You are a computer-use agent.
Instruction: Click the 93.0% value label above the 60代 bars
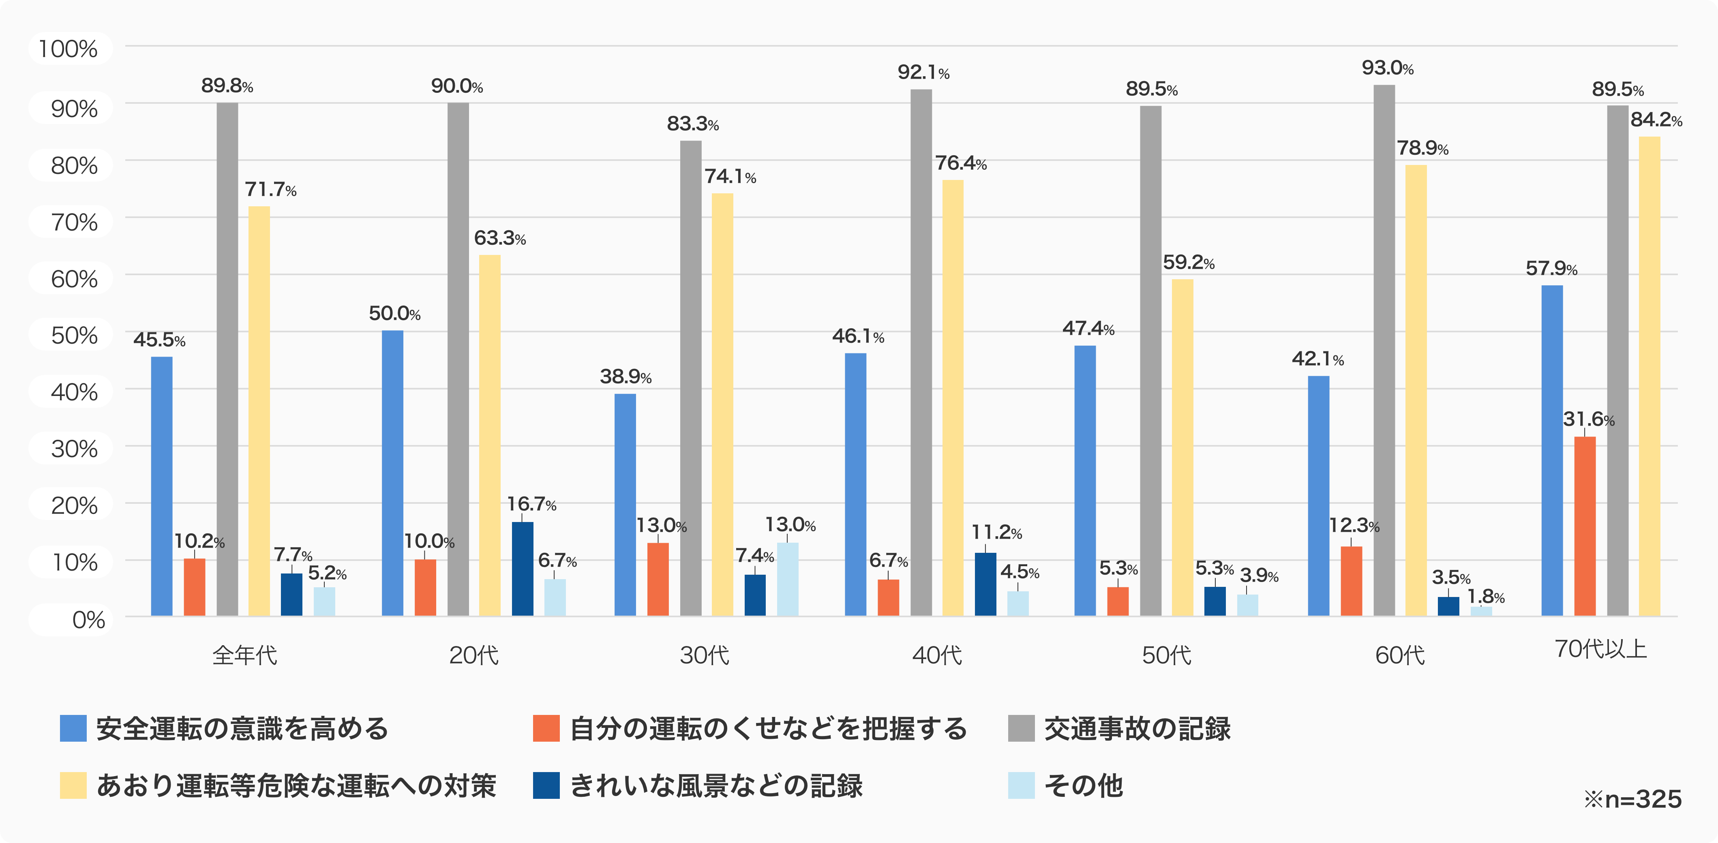[1387, 68]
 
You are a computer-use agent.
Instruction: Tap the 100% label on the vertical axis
[68, 49]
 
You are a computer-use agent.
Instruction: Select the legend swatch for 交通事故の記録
[1021, 728]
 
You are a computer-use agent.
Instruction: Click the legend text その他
[1083, 785]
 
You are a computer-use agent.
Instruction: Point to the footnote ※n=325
[1632, 799]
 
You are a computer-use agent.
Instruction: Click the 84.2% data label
[1656, 120]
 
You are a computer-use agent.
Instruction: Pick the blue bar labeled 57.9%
[1552, 450]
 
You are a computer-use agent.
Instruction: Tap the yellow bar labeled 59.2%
[1182, 447]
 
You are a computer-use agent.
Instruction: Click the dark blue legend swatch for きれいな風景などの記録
[546, 785]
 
